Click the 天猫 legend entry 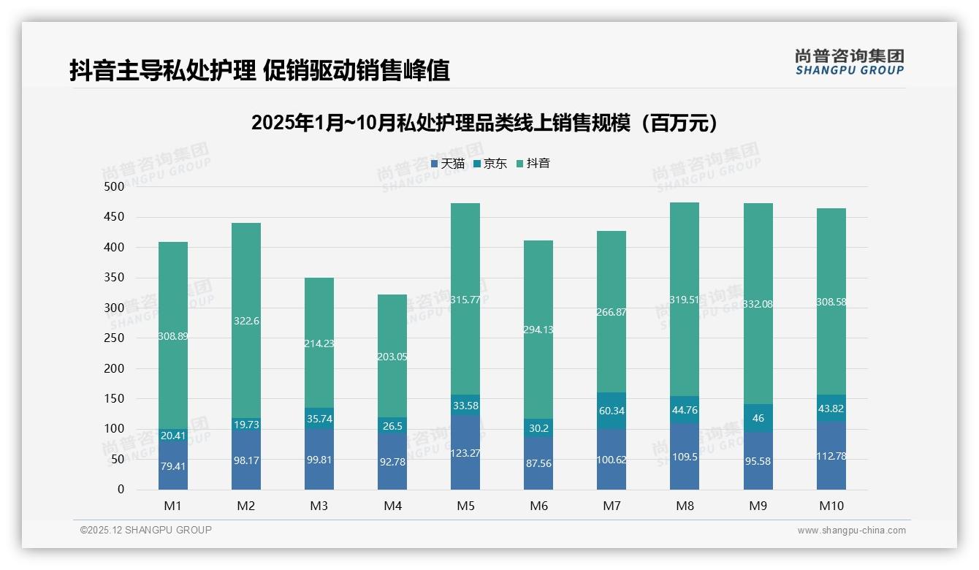[x=448, y=164]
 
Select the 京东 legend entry [x=490, y=164]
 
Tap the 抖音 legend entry [x=533, y=164]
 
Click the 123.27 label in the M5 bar [x=465, y=453]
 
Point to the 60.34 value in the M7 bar [x=612, y=411]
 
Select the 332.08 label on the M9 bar [x=758, y=304]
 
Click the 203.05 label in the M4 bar [x=392, y=357]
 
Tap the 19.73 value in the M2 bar [x=246, y=425]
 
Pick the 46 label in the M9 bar [x=758, y=419]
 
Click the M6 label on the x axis [x=538, y=506]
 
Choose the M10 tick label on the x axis [x=831, y=506]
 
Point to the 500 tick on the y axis [x=115, y=187]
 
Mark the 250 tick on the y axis [x=115, y=338]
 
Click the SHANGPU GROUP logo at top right [x=849, y=62]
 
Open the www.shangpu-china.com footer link [x=851, y=531]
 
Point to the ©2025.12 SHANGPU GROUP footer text [x=146, y=530]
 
